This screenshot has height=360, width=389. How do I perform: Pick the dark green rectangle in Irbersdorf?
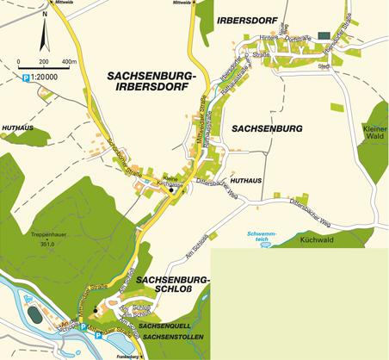coord(323,34)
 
